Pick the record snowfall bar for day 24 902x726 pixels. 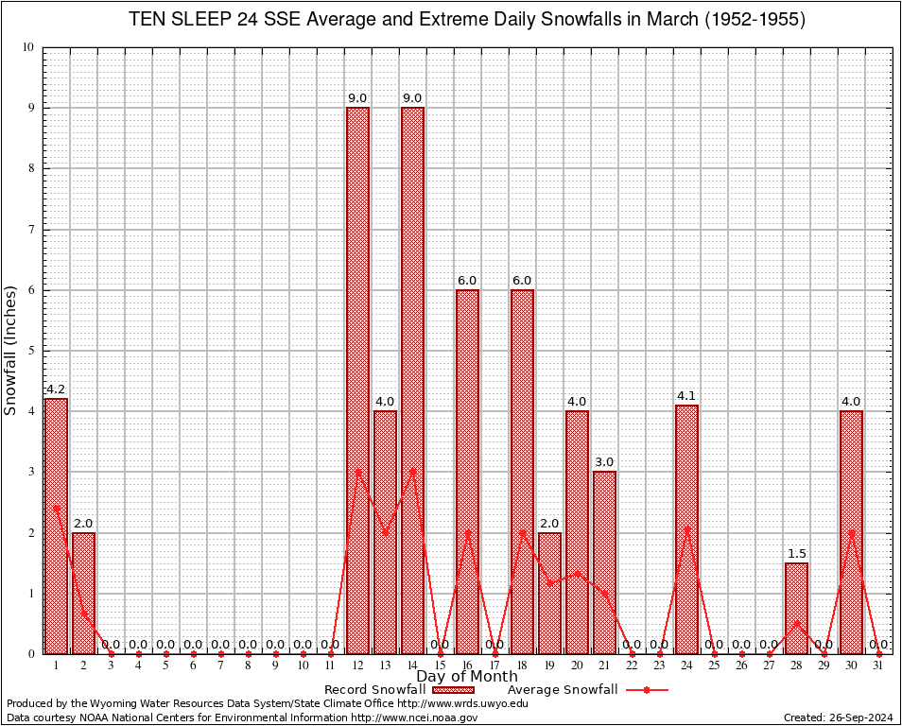click(x=686, y=529)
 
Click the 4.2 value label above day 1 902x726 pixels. click(x=56, y=389)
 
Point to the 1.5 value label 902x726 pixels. click(x=796, y=553)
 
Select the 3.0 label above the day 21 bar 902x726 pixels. click(x=604, y=461)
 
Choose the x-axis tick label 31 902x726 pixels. click(x=878, y=665)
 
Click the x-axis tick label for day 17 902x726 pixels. click(x=494, y=665)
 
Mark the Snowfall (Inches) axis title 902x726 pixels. click(x=11, y=350)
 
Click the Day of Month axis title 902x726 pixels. click(x=467, y=677)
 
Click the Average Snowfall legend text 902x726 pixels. click(x=562, y=690)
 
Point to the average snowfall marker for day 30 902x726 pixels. click(x=851, y=532)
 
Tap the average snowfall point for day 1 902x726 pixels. click(x=56, y=508)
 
